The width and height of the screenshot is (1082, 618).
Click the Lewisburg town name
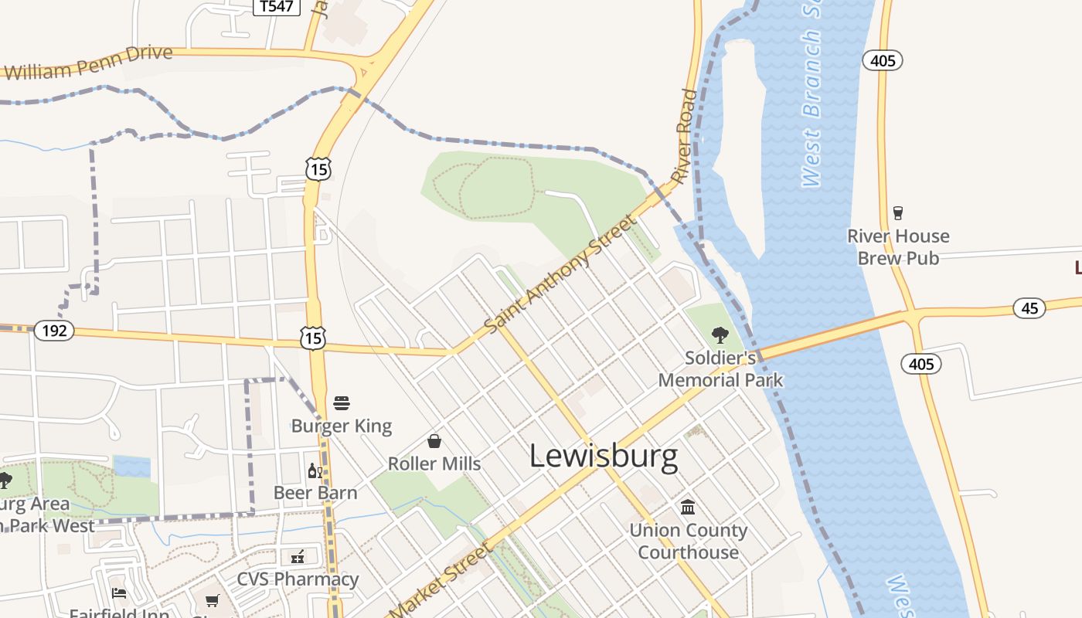604,457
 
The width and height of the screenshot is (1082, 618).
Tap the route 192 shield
54,331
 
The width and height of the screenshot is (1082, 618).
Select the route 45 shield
1029,307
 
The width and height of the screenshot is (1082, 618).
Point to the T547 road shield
277,7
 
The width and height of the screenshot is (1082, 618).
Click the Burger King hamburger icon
342,402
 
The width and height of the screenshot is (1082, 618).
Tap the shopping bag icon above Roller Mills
434,441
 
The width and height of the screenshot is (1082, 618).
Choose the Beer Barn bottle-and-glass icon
315,470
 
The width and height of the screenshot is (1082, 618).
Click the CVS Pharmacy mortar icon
298,556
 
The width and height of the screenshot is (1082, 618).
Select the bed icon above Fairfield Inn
119,593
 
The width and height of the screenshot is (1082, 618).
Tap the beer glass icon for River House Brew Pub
897,213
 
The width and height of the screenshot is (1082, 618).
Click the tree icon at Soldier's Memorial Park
720,335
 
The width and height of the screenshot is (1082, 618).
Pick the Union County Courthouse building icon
688,508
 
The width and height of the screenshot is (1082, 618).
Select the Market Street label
441,580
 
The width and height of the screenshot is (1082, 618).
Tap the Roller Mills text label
434,464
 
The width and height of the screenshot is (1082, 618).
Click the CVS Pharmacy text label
298,579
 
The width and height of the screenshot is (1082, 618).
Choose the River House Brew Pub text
898,247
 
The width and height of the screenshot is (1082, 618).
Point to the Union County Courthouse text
688,542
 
